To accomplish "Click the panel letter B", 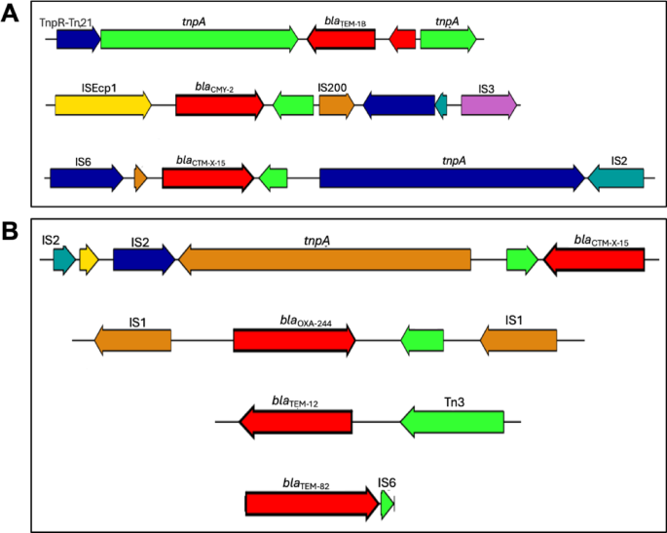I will [x=13, y=234].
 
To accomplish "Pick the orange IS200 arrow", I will [x=336, y=105].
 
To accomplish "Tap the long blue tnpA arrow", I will [x=452, y=177].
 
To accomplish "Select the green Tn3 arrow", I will [x=452, y=421].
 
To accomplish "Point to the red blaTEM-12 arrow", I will [x=296, y=421].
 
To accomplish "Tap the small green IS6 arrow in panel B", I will [x=387, y=503].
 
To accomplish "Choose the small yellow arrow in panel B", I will [x=89, y=259].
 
